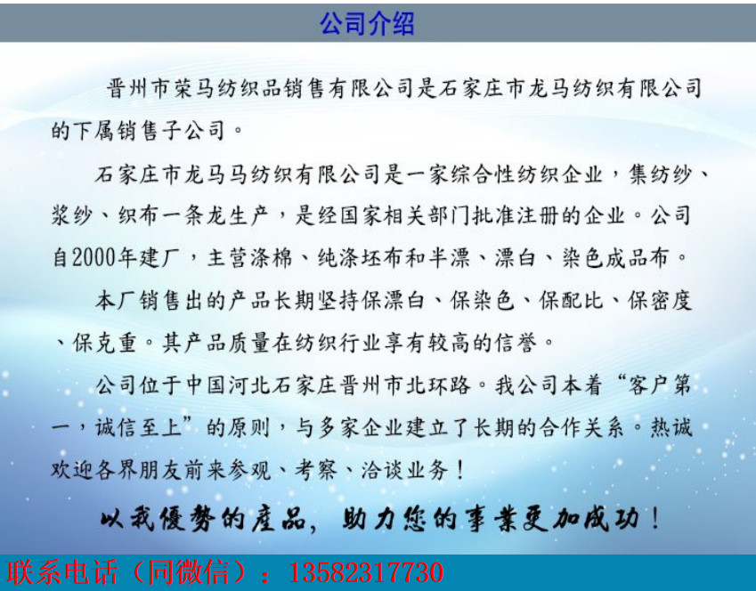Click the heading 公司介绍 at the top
(x=368, y=23)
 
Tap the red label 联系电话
(x=62, y=572)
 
